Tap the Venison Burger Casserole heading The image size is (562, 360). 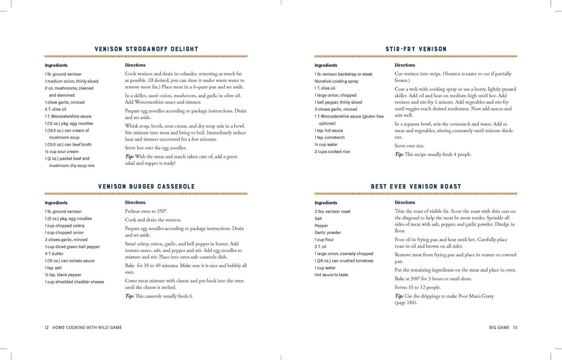(146, 186)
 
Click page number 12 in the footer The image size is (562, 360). (47, 327)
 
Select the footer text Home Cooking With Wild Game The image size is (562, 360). (87, 327)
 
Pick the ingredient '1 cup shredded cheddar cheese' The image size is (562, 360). (74, 282)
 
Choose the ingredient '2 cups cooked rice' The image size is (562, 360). (333, 151)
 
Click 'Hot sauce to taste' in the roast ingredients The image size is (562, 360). (331, 274)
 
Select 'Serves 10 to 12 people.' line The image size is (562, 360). (419, 287)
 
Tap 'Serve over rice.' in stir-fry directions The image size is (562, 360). (409, 145)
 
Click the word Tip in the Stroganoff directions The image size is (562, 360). (129, 155)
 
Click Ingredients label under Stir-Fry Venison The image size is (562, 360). (326, 65)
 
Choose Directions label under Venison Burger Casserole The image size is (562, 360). (135, 202)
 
